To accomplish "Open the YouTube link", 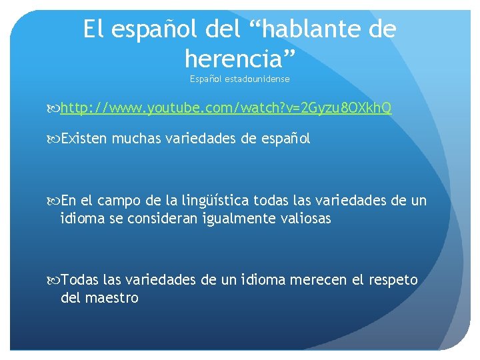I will (x=226, y=108).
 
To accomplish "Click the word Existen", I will (x=85, y=139).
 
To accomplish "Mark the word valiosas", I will (x=305, y=218).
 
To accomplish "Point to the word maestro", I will (x=112, y=298).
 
